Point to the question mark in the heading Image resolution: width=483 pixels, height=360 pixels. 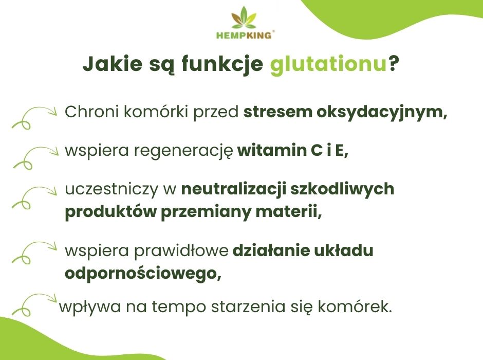point(394,65)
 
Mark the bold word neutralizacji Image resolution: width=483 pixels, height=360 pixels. point(233,189)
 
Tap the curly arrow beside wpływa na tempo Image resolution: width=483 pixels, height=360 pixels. point(33,303)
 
